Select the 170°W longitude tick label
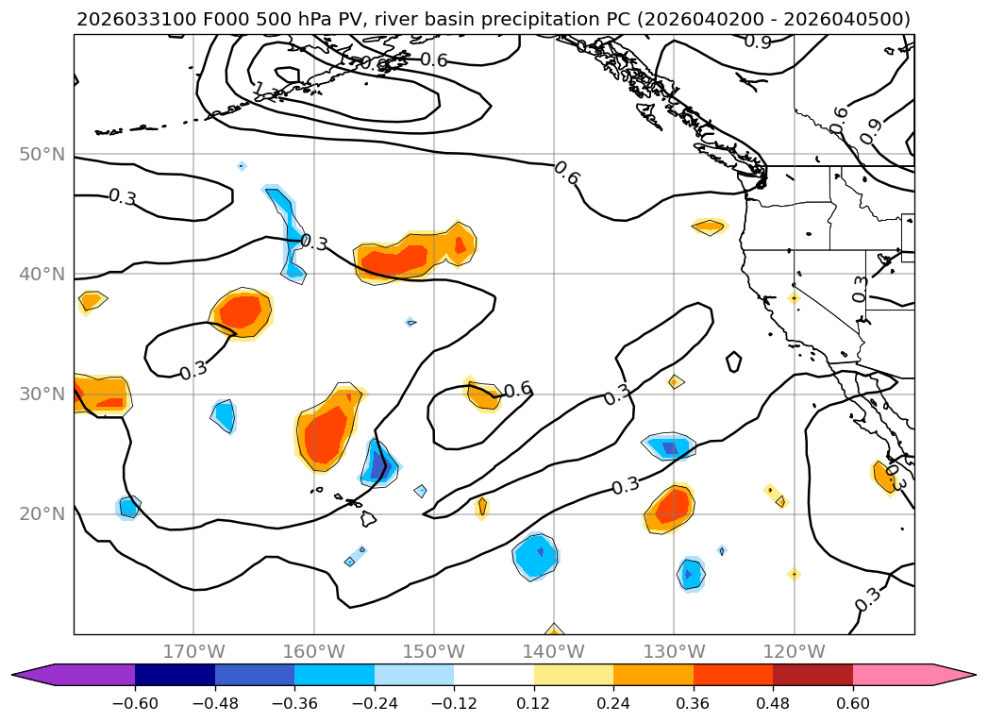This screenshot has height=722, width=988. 193,651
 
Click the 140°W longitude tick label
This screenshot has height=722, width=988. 553,651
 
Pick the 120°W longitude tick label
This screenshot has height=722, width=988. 794,651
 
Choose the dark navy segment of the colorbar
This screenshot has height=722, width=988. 175,675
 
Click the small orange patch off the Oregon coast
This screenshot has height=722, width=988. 709,227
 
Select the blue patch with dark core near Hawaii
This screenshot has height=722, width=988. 379,464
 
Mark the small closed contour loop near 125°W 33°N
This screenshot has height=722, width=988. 734,361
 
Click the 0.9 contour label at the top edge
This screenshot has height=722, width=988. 757,42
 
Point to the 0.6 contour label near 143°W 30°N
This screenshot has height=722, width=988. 517,390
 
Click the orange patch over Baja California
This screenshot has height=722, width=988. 885,478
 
